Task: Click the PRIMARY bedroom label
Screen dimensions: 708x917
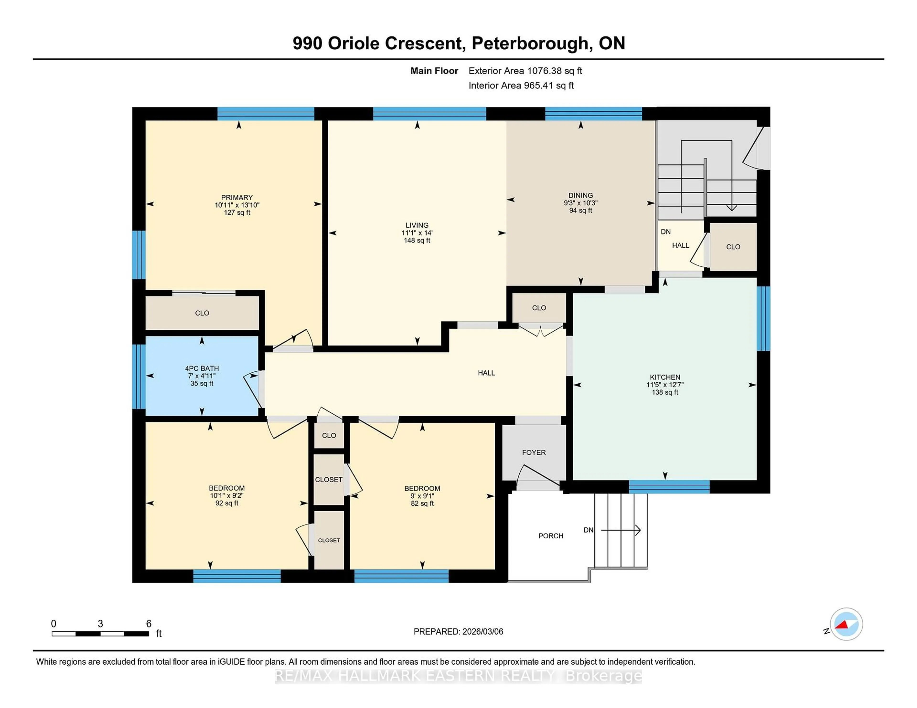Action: point(237,197)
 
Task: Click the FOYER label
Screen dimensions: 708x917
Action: point(534,453)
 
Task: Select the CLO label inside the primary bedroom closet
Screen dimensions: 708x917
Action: point(202,313)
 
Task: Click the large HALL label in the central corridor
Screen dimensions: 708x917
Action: point(486,373)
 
